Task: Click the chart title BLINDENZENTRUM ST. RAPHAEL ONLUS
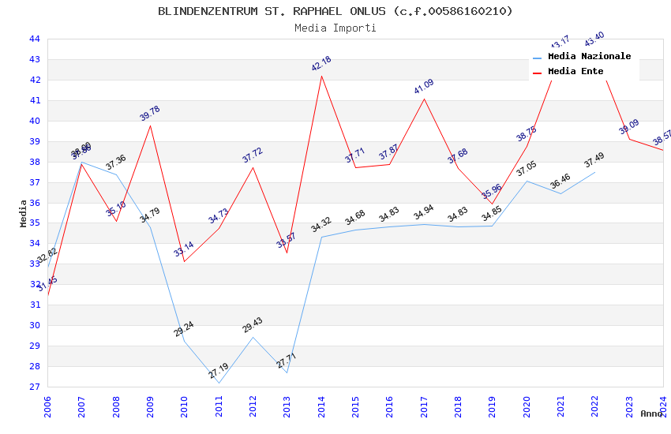335,11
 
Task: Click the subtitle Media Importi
335,28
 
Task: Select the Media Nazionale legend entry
589,57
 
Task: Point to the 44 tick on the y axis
35,39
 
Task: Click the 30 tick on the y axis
35,325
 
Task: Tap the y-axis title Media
24,213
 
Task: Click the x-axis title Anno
651,413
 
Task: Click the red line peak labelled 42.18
321,76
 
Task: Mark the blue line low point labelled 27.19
219,383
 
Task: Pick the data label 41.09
424,87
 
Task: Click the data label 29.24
184,329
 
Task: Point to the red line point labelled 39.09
629,139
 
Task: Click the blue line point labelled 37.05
527,181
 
